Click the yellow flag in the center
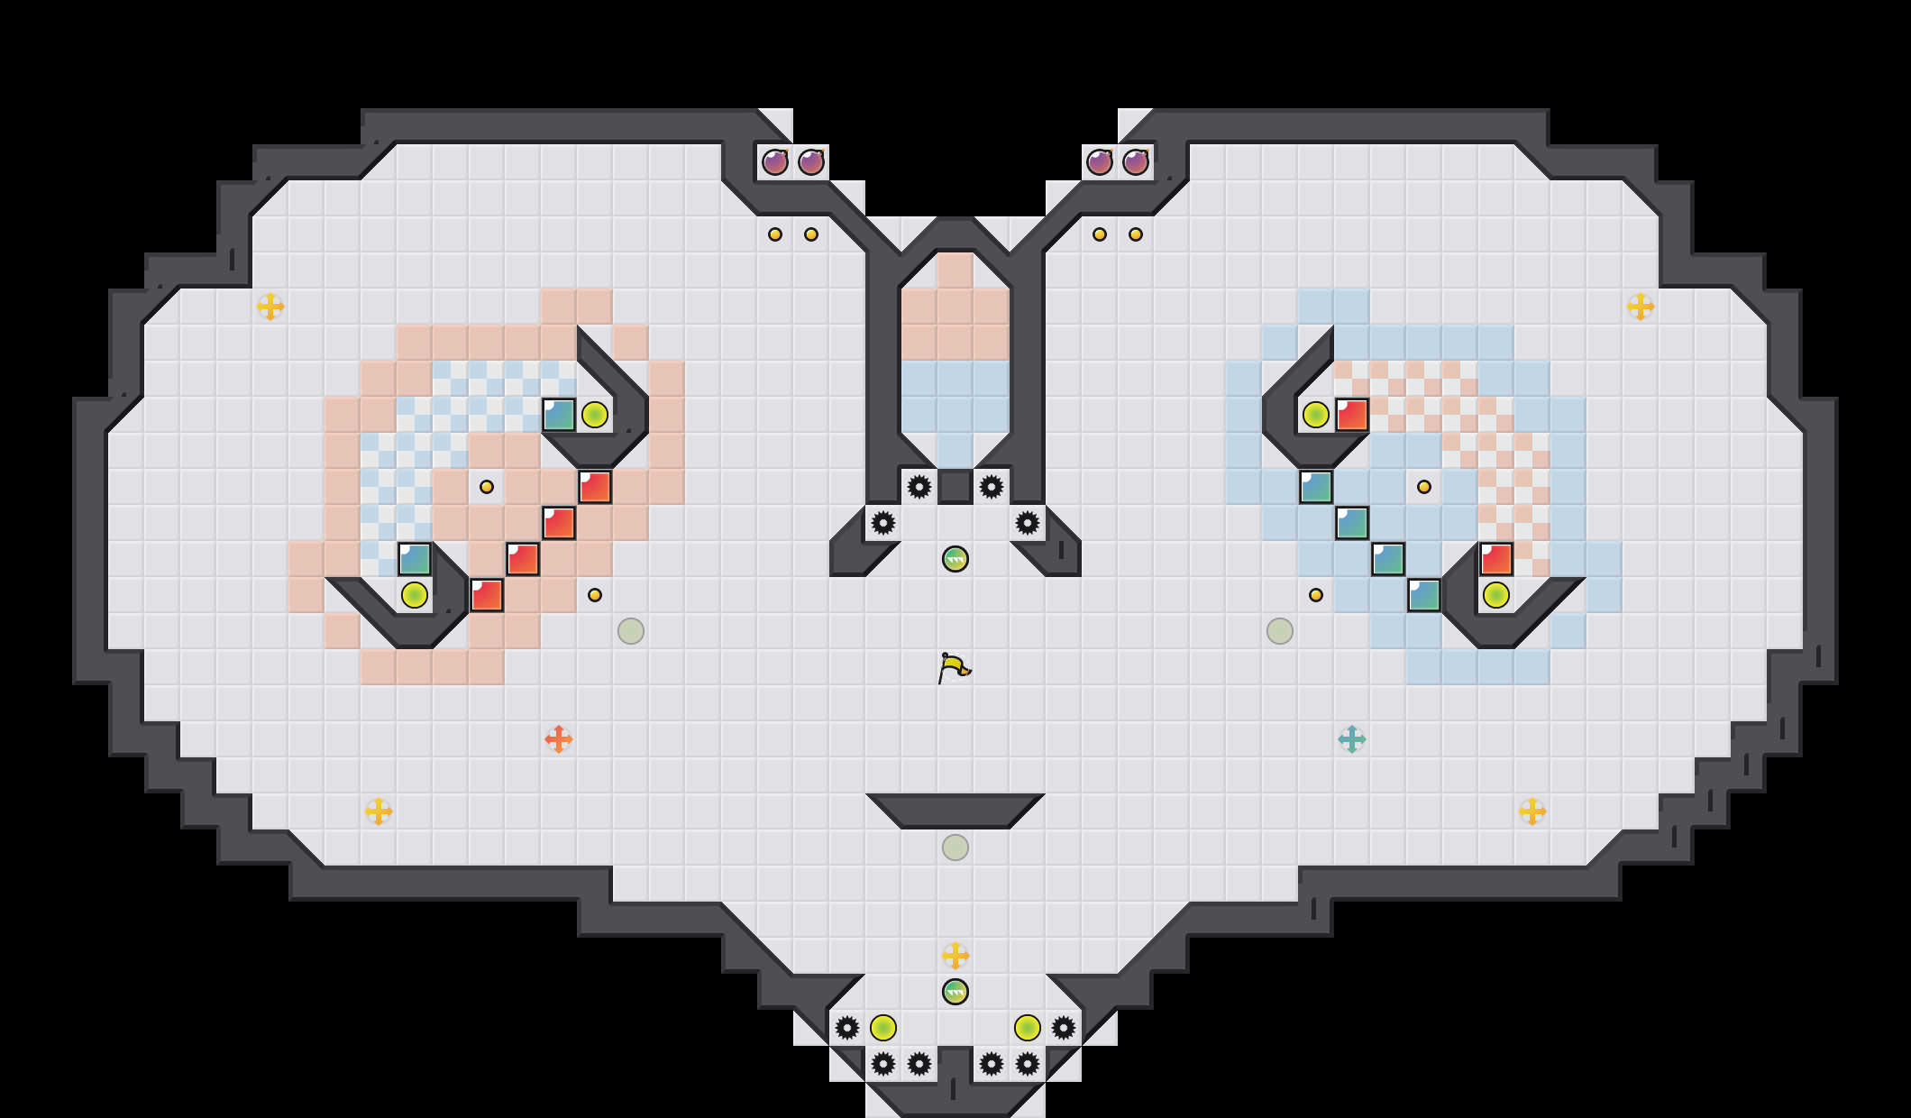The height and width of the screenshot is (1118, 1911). pos(954,668)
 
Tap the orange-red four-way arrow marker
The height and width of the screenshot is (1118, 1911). pos(559,739)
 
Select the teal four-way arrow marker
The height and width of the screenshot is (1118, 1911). pos(1352,739)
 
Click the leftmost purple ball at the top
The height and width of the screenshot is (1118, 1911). pos(775,162)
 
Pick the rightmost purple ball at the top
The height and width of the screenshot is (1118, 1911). pos(1136,162)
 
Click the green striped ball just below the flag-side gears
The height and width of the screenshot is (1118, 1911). pos(955,559)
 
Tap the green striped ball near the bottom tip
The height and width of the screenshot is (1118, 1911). pos(955,992)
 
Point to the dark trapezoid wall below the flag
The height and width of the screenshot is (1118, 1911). pos(955,811)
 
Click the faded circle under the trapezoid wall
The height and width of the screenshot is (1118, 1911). pos(955,848)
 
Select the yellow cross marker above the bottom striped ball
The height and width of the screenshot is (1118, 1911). pos(955,956)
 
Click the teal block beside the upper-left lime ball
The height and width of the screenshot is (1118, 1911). pos(559,415)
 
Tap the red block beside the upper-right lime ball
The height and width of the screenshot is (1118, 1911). pos(1352,415)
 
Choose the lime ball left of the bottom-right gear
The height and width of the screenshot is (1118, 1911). pos(1028,1028)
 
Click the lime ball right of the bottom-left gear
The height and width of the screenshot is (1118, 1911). pos(883,1028)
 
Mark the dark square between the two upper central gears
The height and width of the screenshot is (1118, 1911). pos(955,487)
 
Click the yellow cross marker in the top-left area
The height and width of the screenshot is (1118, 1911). pos(270,307)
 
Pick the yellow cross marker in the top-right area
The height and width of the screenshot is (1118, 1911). pos(1641,307)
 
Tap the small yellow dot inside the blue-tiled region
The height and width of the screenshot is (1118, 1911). pos(1424,487)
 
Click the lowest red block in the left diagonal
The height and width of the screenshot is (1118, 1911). pos(487,595)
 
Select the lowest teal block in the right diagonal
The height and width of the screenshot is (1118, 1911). pos(1424,595)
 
